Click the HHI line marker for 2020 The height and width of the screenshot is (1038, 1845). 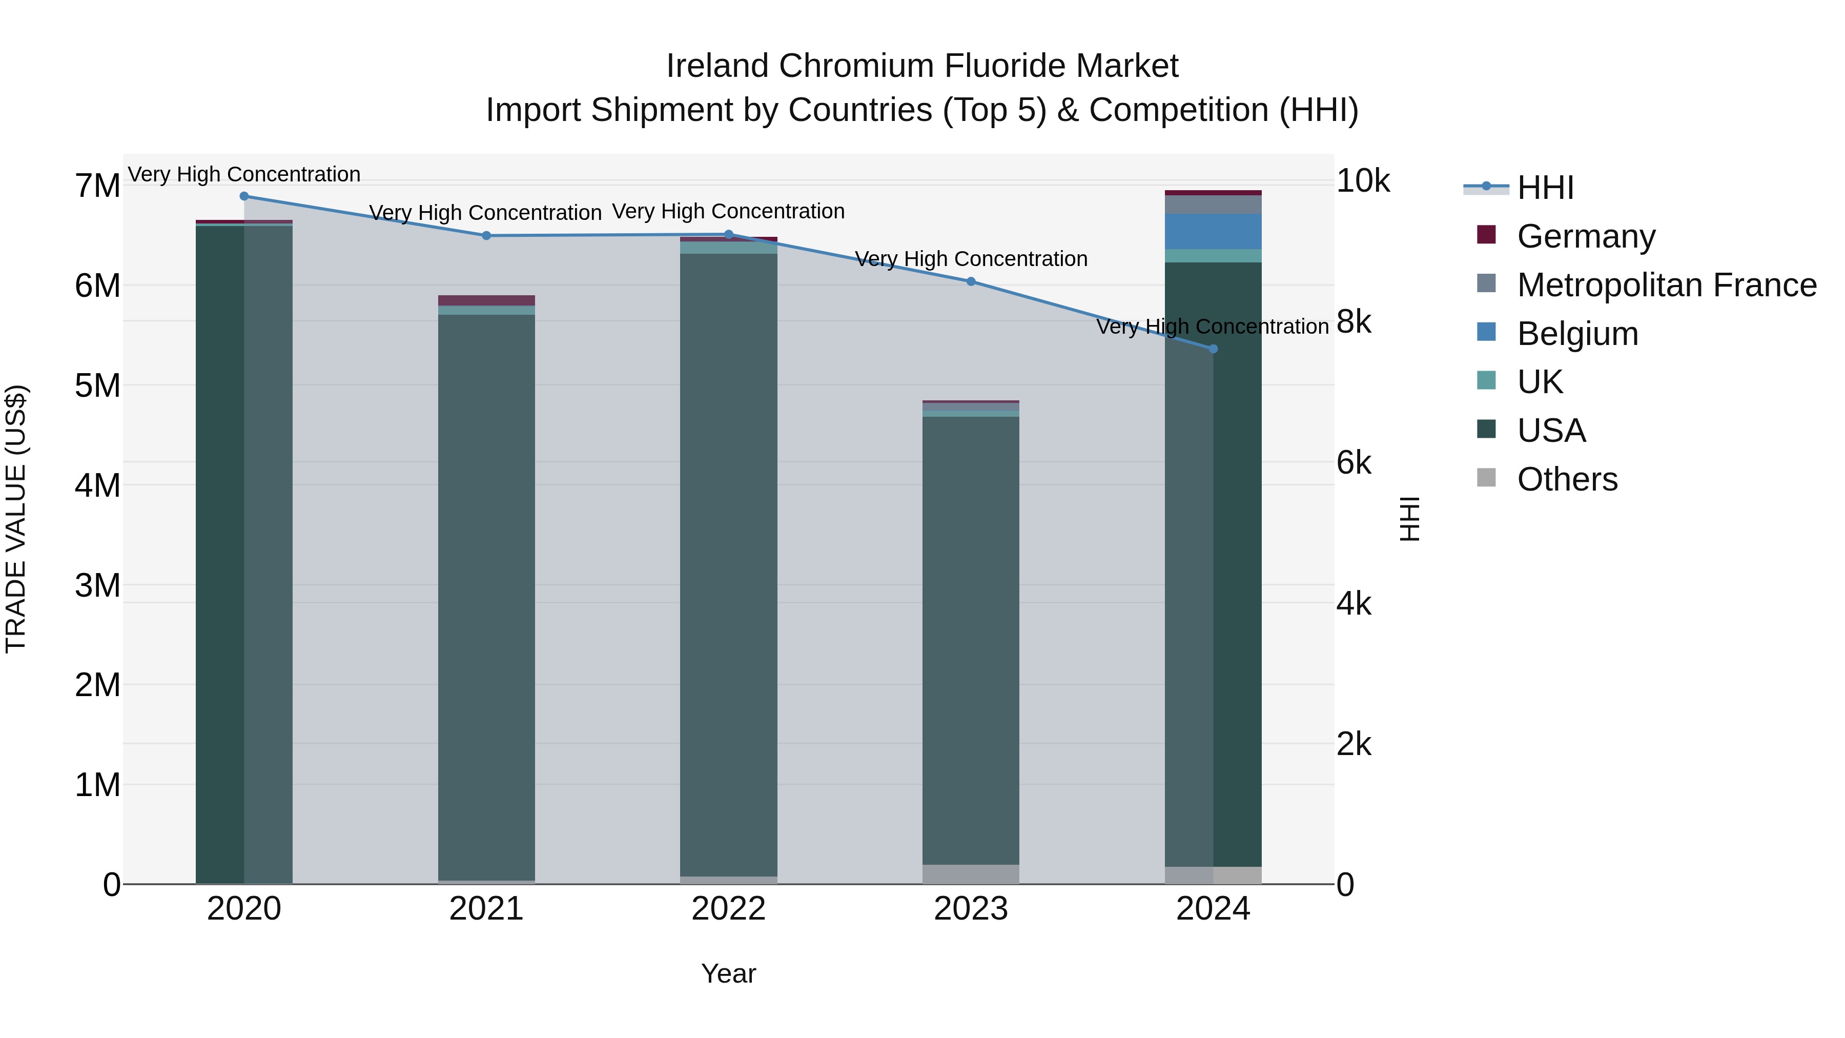244,196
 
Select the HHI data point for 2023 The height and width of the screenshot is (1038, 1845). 971,281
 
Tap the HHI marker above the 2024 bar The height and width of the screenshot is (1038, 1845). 1213,349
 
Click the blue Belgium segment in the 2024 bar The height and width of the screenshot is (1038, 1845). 1213,231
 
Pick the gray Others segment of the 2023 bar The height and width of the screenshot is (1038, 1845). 971,874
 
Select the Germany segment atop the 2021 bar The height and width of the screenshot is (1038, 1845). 486,300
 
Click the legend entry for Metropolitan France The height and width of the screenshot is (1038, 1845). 1667,285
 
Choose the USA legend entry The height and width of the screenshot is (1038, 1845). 1551,431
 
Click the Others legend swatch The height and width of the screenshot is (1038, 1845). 1487,478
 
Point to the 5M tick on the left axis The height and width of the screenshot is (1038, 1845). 97,386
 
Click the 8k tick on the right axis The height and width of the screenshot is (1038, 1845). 1354,322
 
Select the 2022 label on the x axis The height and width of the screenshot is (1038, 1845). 728,909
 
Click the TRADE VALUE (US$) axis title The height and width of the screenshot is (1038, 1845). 16,519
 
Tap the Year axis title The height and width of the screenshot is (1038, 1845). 728,973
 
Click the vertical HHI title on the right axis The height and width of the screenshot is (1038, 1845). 1409,519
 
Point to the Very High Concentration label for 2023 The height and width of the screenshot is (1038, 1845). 971,259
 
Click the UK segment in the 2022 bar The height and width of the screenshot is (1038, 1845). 728,248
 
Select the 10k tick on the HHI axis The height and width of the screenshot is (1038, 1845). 1362,181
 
